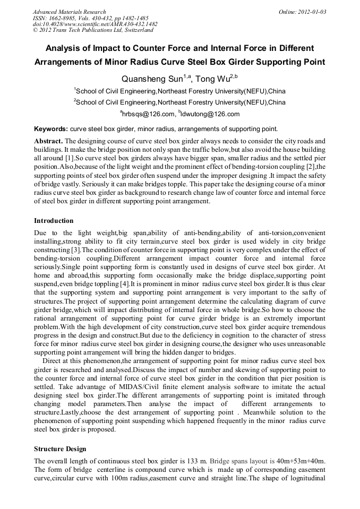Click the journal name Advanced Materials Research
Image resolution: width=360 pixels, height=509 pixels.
pos(69,12)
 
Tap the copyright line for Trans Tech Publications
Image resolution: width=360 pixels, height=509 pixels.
pos(93,30)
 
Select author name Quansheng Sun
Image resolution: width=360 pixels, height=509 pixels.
pos(152,80)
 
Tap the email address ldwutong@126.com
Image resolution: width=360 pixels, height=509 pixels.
pos(210,114)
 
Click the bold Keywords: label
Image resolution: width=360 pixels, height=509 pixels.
pos(51,129)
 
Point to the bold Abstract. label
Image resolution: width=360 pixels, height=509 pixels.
pos(48,141)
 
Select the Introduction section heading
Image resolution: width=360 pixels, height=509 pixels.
pos(54,221)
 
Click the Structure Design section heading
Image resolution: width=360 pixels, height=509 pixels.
pos(60,449)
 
